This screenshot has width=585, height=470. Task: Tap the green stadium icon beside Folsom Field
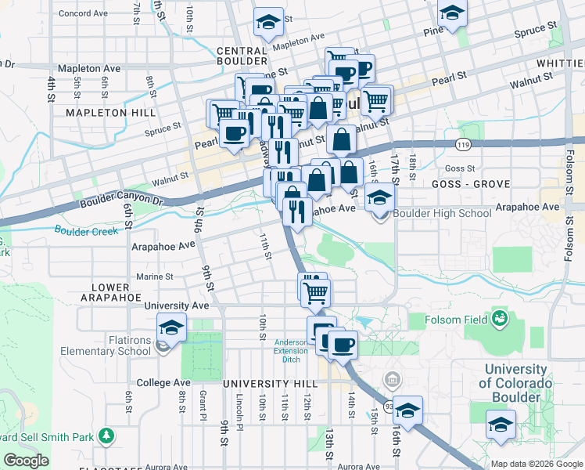(x=498, y=319)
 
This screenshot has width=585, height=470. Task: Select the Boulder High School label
(x=442, y=213)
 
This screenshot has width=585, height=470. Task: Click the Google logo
(x=26, y=461)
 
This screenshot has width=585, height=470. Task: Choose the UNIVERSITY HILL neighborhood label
(x=270, y=384)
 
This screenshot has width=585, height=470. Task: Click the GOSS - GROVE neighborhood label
(x=470, y=183)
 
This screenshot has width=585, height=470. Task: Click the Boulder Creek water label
(x=86, y=230)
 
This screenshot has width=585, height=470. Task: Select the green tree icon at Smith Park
(x=107, y=436)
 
